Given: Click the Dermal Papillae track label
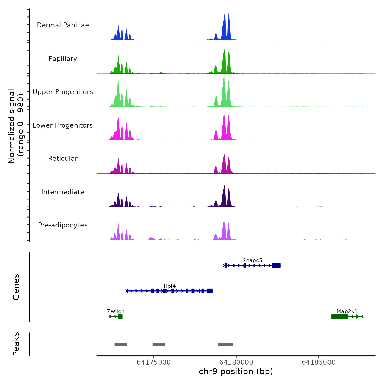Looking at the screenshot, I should [63, 25].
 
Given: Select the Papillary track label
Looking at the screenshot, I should [63, 59].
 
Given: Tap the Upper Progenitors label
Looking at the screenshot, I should [63, 92].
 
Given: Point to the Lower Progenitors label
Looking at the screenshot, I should [63, 125].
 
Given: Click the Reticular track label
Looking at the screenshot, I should [63, 159].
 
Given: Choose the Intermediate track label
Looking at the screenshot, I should [63, 192].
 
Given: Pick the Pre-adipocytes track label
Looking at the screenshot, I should [63, 225].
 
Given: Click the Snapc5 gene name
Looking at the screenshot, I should [252, 260].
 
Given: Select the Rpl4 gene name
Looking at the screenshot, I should [170, 286].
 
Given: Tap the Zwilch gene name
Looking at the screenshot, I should [116, 311].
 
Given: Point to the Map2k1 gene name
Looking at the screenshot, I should [347, 311].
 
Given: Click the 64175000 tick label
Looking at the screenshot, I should [154, 362].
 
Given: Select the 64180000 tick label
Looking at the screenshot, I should [236, 362].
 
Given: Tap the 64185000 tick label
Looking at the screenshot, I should [319, 362].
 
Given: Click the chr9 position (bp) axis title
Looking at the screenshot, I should [236, 371].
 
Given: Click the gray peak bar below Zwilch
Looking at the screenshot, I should [121, 344].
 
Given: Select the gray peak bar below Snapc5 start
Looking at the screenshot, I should [225, 344].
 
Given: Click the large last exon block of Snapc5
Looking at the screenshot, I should [276, 266].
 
